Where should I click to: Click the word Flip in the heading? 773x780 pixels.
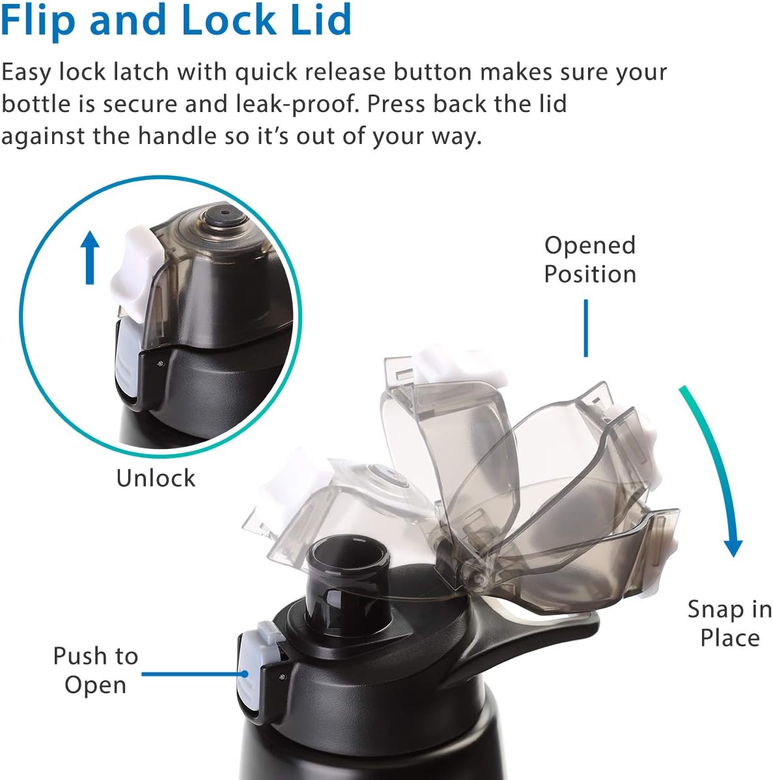[38, 21]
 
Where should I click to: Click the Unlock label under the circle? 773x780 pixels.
[156, 478]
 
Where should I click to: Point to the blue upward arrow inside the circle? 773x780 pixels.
[90, 258]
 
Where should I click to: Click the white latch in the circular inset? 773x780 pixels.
[137, 274]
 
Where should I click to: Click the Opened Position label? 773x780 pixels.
[590, 259]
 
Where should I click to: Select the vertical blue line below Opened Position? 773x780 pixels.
[585, 328]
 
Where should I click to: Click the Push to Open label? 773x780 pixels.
[96, 670]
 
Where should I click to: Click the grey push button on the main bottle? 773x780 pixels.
[249, 671]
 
